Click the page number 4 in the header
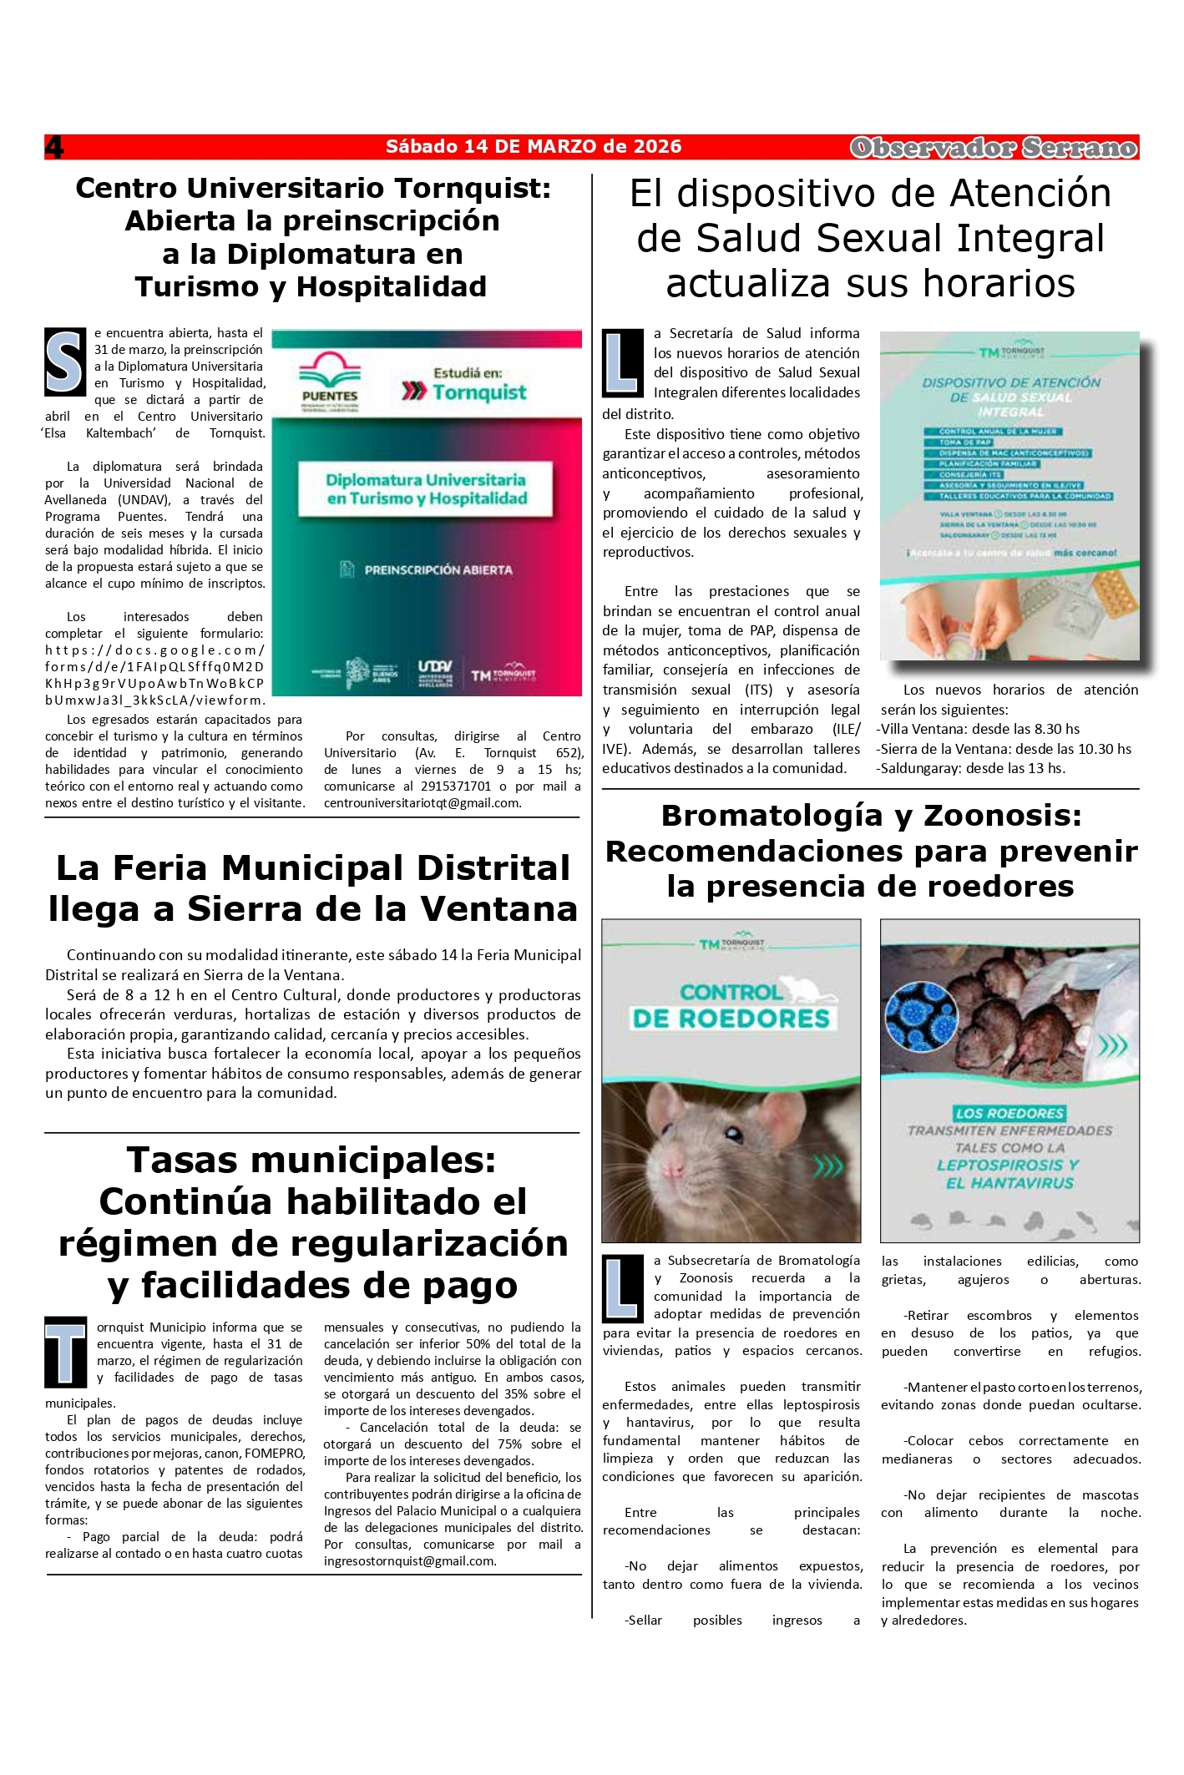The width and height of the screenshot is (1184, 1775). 54,147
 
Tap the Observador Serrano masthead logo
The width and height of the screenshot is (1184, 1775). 993,148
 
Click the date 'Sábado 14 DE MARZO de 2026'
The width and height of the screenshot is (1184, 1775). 534,147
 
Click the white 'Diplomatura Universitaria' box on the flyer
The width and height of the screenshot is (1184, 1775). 427,489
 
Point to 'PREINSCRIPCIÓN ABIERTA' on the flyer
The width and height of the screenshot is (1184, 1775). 438,569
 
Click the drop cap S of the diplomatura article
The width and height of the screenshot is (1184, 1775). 65,362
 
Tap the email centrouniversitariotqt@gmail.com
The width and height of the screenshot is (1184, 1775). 422,803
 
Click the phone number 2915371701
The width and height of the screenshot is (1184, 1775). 455,786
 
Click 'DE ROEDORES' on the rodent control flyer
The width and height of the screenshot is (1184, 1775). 731,1019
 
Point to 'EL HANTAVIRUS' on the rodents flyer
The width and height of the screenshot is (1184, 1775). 1009,1183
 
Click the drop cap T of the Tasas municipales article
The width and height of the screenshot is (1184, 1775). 66,1352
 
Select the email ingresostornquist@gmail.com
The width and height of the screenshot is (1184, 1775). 410,1561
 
